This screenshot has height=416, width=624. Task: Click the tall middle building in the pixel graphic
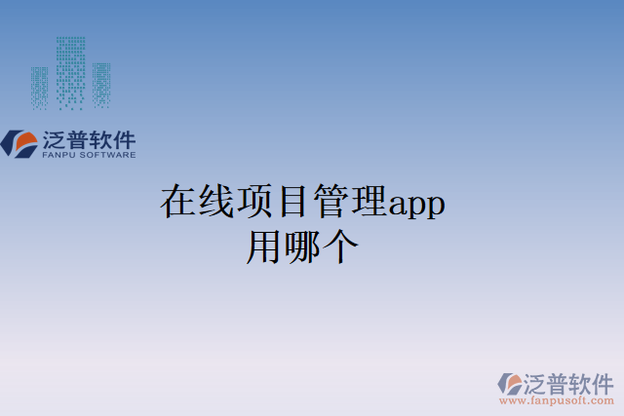70,71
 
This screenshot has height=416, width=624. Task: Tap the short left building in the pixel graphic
39,87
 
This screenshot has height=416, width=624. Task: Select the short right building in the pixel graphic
101,85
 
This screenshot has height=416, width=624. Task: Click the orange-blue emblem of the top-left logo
19,143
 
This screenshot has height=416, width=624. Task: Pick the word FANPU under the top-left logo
61,154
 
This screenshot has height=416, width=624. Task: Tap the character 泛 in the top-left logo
54,138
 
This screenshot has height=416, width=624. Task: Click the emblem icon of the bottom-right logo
509,384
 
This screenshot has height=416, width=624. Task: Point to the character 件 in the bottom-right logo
602,381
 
